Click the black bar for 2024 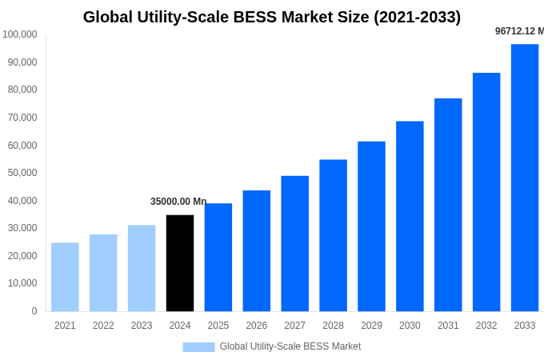click(180, 263)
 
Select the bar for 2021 click(65, 277)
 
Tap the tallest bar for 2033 click(525, 178)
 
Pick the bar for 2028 click(333, 235)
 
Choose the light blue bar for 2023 click(142, 268)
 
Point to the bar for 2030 click(410, 216)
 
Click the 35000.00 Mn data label click(178, 202)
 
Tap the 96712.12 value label click(518, 31)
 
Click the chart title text click(272, 17)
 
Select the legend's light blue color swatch click(198, 347)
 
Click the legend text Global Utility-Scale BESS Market click(290, 346)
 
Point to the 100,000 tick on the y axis click(20, 34)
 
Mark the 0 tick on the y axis click(34, 311)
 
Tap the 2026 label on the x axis click(257, 326)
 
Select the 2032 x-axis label click(486, 326)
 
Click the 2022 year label click(103, 326)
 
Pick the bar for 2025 click(218, 257)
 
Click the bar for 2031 click(448, 205)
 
